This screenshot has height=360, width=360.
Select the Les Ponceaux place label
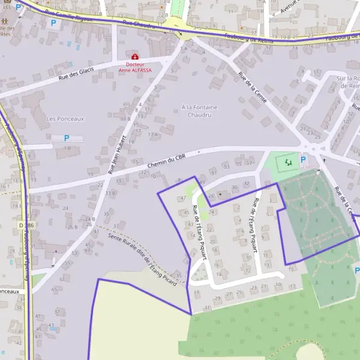click(61, 119)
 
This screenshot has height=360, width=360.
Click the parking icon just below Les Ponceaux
click(67, 138)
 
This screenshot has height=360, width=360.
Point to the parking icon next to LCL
click(19, 8)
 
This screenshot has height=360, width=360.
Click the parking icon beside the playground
click(302, 160)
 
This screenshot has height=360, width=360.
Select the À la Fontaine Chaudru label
click(199, 111)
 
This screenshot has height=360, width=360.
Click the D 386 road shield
click(23, 225)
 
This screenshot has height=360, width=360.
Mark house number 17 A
click(154, 134)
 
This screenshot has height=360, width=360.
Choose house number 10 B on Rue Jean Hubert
click(125, 119)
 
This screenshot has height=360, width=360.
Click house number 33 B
click(110, 193)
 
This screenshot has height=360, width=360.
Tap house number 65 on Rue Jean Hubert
click(54, 289)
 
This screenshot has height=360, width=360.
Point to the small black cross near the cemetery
click(325, 160)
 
